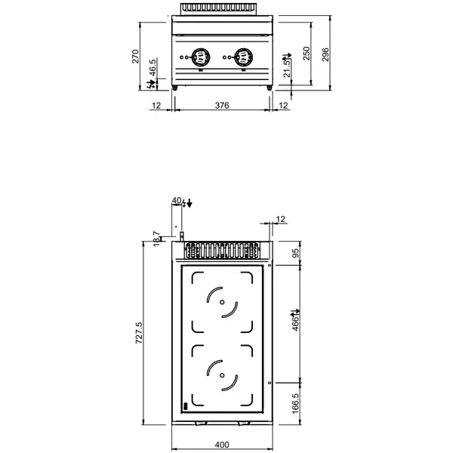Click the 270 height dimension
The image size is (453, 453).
(136, 57)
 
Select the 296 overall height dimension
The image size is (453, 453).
(326, 56)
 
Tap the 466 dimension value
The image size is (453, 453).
(296, 322)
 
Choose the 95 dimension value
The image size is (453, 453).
(296, 253)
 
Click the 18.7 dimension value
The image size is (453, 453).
(156, 239)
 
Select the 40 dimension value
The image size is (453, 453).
(177, 201)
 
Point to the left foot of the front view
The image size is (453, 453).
(177, 89)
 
